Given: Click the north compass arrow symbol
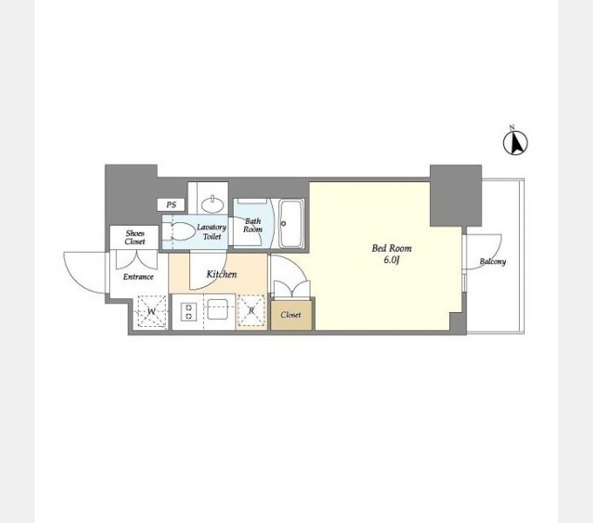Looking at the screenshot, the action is pyautogui.click(x=515, y=142).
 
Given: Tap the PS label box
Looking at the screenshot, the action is pyautogui.click(x=171, y=205).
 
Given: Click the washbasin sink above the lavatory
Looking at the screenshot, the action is pyautogui.click(x=213, y=204).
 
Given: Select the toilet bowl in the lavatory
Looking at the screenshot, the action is pyautogui.click(x=179, y=231).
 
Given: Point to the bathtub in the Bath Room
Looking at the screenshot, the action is pyautogui.click(x=291, y=224).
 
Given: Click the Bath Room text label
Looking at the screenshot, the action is pyautogui.click(x=253, y=225).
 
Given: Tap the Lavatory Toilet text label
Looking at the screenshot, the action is pyautogui.click(x=211, y=232).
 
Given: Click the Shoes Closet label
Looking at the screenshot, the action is pyautogui.click(x=134, y=237).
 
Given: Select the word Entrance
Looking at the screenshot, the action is pyautogui.click(x=138, y=276).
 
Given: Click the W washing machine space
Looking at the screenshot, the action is pyautogui.click(x=151, y=311).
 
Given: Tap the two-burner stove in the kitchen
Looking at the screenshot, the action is pyautogui.click(x=188, y=312).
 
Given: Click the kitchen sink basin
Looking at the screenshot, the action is pyautogui.click(x=217, y=309).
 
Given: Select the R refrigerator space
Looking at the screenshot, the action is pyautogui.click(x=251, y=310).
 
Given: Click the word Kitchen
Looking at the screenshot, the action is pyautogui.click(x=222, y=274).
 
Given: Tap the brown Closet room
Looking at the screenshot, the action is pyautogui.click(x=291, y=316).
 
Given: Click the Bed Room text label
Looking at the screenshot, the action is pyautogui.click(x=392, y=248).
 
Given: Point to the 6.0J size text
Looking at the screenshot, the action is pyautogui.click(x=392, y=260).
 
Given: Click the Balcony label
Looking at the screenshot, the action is pyautogui.click(x=493, y=261).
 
